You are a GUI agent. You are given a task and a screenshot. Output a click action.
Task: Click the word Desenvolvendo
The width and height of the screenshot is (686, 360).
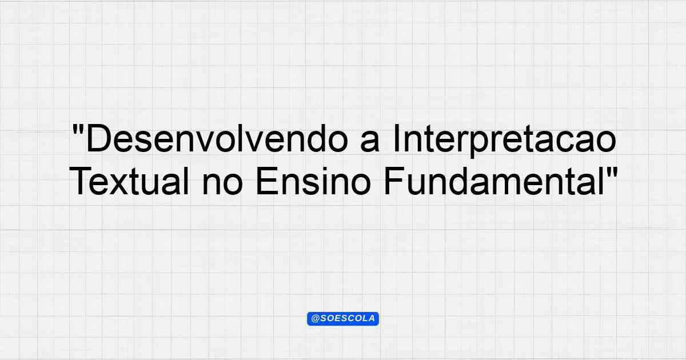point(217,139)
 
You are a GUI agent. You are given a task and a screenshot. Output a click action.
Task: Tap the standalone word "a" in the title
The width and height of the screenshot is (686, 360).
point(370,142)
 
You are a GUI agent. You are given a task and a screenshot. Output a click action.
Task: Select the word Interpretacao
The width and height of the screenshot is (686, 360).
point(504,141)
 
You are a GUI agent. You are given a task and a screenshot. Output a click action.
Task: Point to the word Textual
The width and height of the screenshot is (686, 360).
point(129,181)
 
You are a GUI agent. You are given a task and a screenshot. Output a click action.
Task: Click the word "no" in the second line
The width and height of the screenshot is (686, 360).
point(222,185)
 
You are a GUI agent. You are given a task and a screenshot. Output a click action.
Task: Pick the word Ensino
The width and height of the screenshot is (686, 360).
point(314,181)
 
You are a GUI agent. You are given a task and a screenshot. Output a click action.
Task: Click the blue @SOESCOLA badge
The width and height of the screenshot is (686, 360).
point(342,319)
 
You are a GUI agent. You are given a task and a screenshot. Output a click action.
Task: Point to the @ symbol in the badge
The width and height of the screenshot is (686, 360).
point(315,319)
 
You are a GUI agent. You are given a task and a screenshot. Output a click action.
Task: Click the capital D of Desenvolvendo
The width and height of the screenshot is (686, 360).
point(98,139)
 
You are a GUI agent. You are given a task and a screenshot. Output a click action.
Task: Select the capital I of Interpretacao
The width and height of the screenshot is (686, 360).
point(397,139)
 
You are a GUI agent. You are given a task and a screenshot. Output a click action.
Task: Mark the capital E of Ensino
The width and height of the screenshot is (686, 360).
point(267,181)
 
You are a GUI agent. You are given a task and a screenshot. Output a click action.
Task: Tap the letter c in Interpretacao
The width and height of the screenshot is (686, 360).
point(571,142)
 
